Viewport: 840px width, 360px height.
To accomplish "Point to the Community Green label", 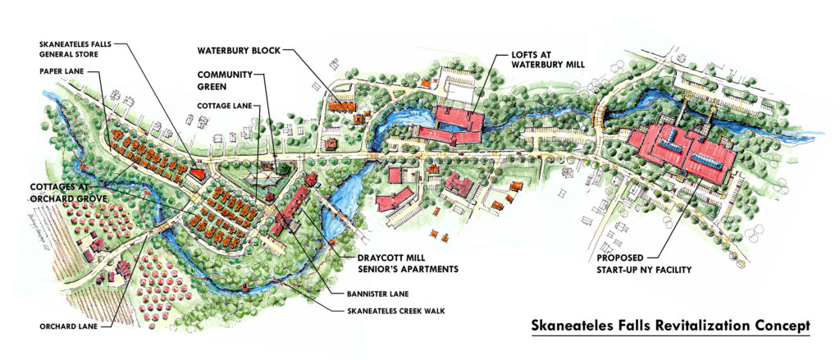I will tap(223, 80).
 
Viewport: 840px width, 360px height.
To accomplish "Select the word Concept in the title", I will tap(777, 323).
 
